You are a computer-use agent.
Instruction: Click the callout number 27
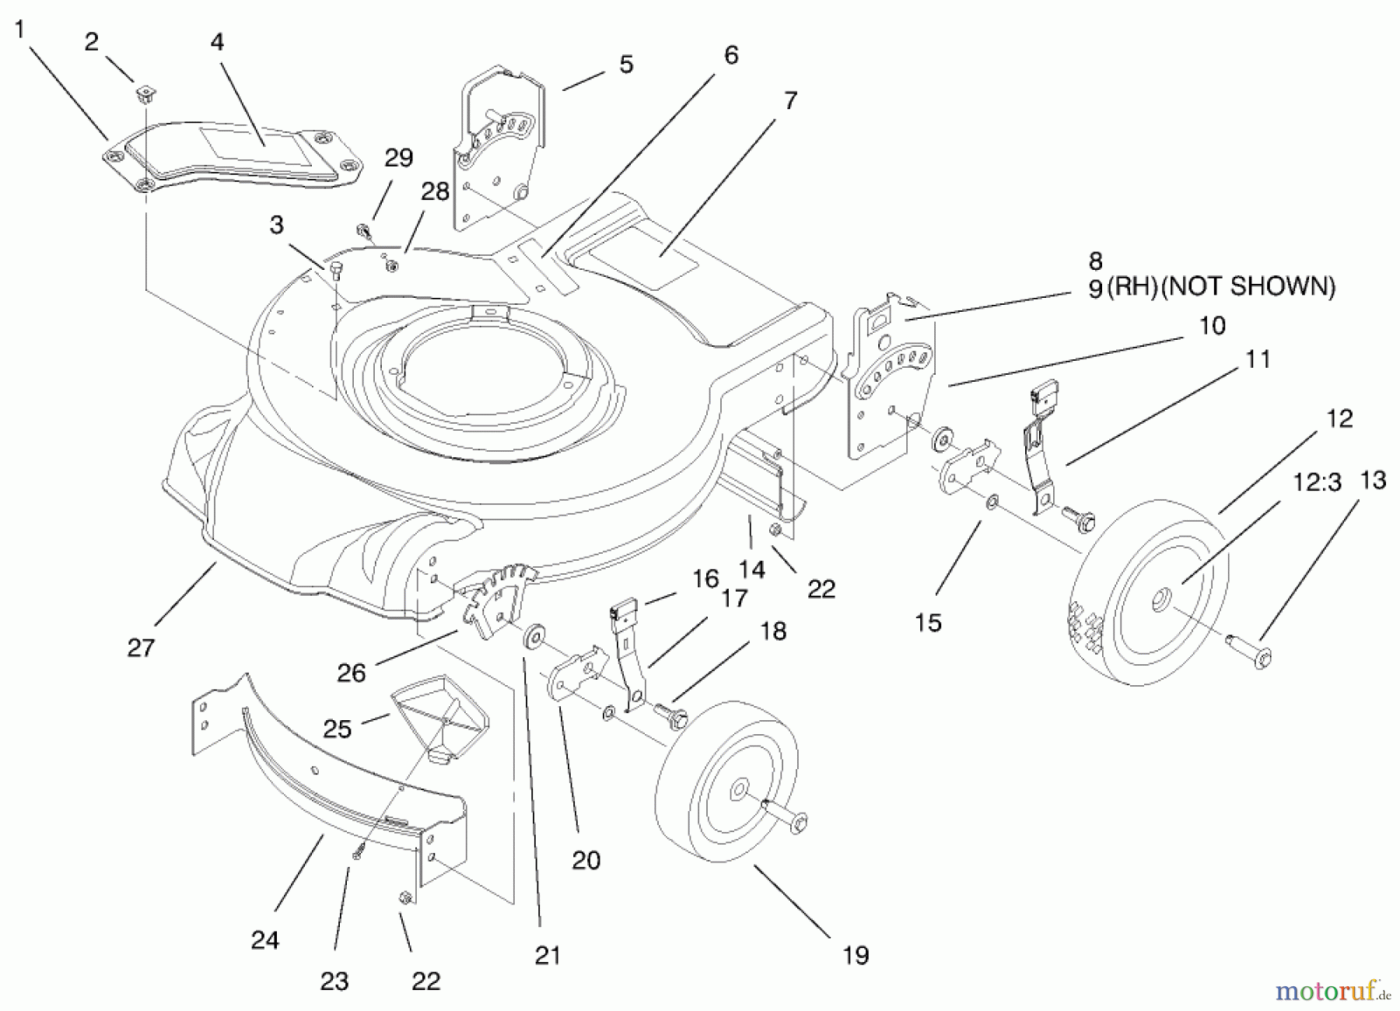point(141,647)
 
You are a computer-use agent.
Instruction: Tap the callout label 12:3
point(1318,482)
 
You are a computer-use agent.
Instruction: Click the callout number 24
point(264,940)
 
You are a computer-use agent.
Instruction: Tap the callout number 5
point(626,65)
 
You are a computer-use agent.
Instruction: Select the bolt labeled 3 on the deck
point(336,269)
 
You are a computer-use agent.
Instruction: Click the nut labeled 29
point(362,230)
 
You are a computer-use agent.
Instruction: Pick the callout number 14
point(752,569)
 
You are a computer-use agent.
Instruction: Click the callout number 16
point(705,579)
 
